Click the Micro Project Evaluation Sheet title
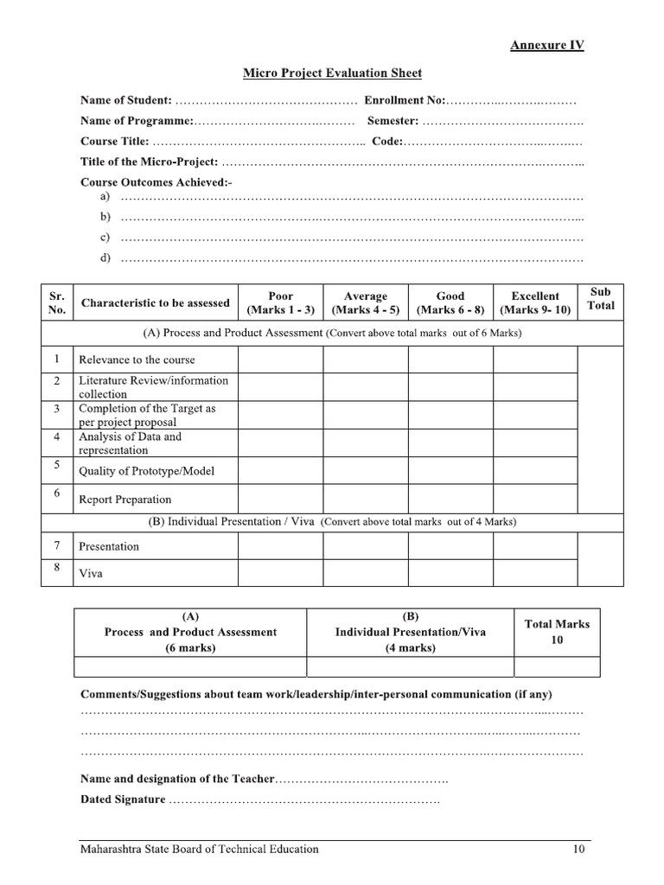[x=332, y=73]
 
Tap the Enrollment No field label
[x=405, y=100]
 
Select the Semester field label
[x=393, y=121]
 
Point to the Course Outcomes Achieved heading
[x=156, y=182]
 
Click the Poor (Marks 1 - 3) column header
[x=281, y=302]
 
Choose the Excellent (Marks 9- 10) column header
[x=535, y=302]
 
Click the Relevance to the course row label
[x=137, y=360]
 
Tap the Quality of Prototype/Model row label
[x=146, y=471]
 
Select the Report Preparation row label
[x=124, y=499]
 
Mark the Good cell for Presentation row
[x=450, y=546]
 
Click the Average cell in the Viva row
[x=366, y=572]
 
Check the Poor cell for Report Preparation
[x=281, y=499]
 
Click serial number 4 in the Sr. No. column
[x=56, y=437]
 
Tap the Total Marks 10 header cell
[x=557, y=632]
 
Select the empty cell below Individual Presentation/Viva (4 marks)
[x=410, y=666]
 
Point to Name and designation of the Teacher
[x=177, y=780]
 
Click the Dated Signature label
[x=123, y=799]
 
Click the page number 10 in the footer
[x=578, y=849]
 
